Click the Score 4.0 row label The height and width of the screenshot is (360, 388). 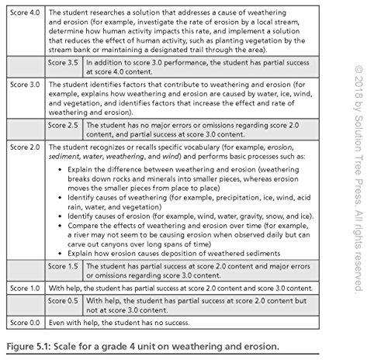pyautogui.click(x=23, y=14)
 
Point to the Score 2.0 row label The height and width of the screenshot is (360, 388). pyautogui.click(x=23, y=144)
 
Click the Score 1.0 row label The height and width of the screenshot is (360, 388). pyautogui.click(x=23, y=288)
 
